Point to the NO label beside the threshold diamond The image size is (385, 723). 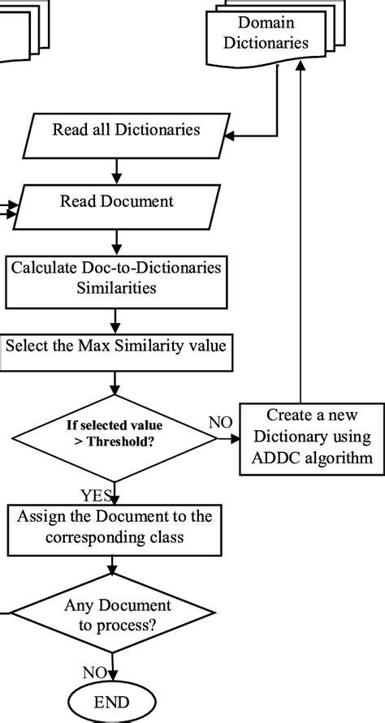tap(220, 422)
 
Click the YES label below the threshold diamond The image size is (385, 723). tap(97, 494)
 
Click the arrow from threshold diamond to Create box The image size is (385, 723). tap(229, 439)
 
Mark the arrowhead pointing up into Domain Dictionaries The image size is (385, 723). tap(301, 75)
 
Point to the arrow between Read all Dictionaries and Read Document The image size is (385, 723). tap(119, 170)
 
